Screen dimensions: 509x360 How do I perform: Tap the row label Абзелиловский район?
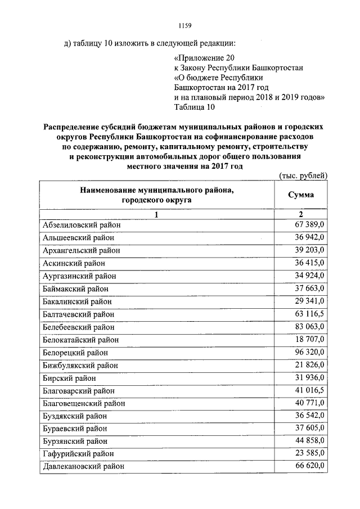pyautogui.click(x=82, y=225)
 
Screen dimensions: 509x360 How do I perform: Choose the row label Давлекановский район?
pyautogui.click(x=83, y=466)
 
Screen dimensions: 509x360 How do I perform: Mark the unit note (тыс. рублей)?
pyautogui.click(x=303, y=176)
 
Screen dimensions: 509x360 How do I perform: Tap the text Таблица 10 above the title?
pyautogui.click(x=195, y=106)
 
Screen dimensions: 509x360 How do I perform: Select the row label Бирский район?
pyautogui.click(x=69, y=377)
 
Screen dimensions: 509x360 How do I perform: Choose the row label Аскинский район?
pyautogui.click(x=73, y=263)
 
